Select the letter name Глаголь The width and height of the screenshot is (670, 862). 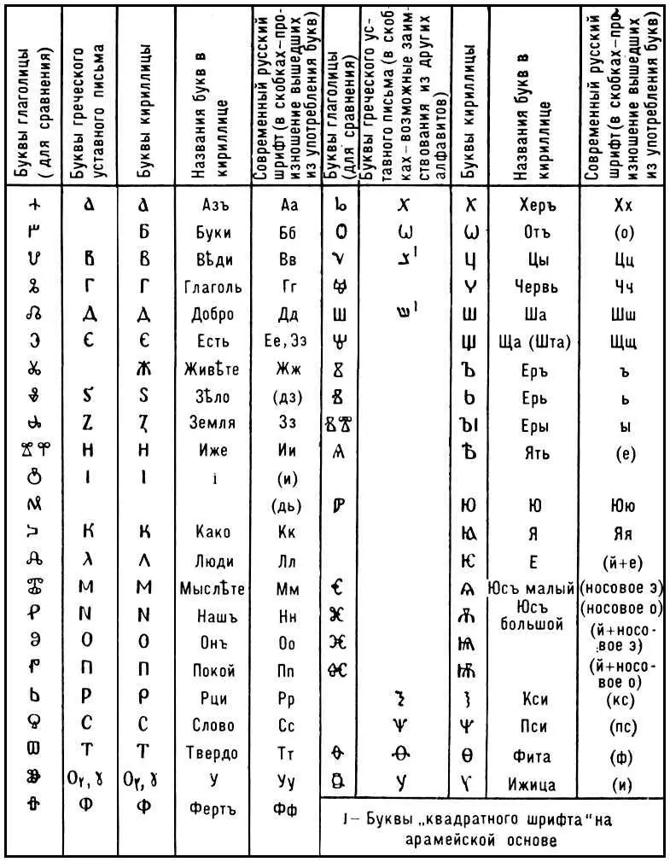coord(213,287)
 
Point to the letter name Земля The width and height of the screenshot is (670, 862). coord(211,422)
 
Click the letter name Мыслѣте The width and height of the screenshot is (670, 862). coord(213,588)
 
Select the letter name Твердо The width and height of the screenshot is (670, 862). coord(212,753)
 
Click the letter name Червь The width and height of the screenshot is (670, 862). coord(534,287)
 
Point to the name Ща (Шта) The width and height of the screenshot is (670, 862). coord(534,342)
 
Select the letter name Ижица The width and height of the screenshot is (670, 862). coord(534,783)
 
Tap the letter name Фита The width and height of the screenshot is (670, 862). coord(534,756)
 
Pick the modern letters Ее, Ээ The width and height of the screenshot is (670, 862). coord(286,341)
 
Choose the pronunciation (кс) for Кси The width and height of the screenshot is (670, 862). coord(622,701)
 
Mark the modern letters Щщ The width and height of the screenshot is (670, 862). coord(623,342)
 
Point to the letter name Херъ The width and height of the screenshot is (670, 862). coord(534,206)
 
